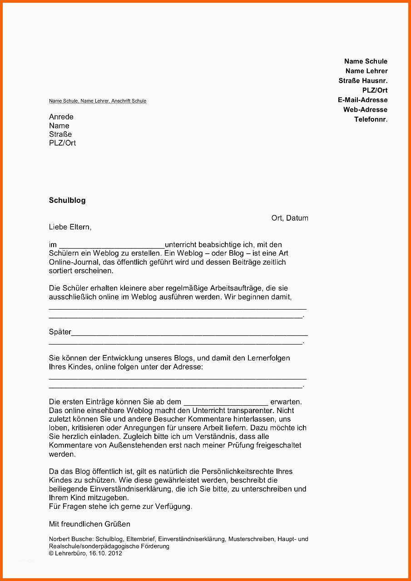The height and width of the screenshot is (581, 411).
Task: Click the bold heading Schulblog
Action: [x=67, y=200]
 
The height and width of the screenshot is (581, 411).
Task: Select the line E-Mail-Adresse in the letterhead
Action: [x=362, y=100]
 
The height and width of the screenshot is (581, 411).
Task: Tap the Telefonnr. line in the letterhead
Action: [x=371, y=119]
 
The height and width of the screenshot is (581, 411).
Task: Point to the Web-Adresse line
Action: [x=365, y=109]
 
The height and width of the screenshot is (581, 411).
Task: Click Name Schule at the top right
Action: [x=366, y=61]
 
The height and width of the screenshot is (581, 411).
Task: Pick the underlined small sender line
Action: [x=98, y=101]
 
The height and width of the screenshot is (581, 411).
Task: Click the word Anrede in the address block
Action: [x=61, y=117]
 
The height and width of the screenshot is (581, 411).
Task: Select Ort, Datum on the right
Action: [x=290, y=218]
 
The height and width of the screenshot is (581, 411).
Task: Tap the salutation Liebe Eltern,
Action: [x=70, y=227]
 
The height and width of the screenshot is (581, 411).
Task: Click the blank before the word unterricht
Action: [x=112, y=245]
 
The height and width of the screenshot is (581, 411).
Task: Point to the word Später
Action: [x=60, y=332]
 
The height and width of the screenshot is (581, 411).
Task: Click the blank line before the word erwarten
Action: [x=226, y=402]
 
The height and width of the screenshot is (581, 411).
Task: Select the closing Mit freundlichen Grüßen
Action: [x=89, y=524]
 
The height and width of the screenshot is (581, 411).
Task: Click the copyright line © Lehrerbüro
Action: [x=85, y=553]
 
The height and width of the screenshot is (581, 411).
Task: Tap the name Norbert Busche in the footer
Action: [x=68, y=539]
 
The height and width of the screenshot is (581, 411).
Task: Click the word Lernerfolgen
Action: [x=268, y=358]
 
